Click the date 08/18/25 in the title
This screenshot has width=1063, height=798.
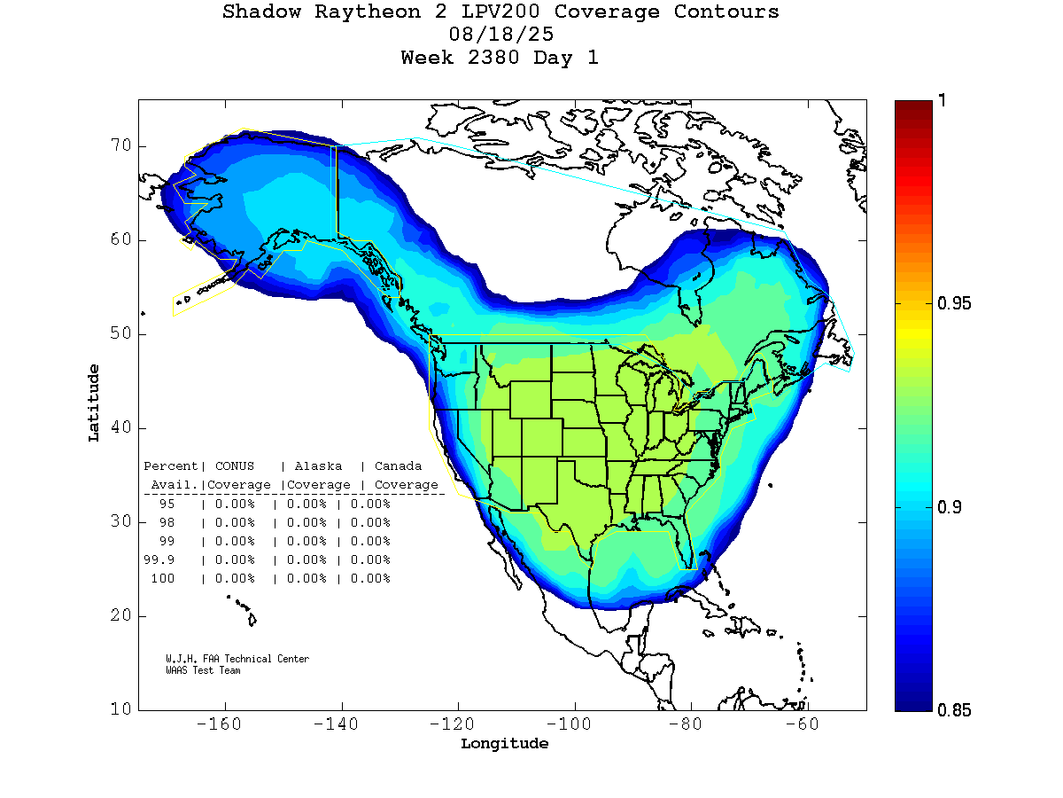point(501,35)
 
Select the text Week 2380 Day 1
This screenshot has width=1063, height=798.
point(500,59)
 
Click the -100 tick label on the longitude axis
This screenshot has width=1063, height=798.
point(574,724)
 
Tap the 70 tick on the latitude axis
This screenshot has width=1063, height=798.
point(121,145)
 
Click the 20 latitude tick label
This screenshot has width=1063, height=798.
point(121,615)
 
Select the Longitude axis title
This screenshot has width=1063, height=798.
point(504,744)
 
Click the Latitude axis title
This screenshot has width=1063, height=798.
point(94,403)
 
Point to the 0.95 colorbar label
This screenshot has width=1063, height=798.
point(955,304)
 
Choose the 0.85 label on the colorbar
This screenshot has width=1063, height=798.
point(955,710)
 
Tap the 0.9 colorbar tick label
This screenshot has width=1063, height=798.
point(950,507)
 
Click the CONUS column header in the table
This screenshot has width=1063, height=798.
point(234,466)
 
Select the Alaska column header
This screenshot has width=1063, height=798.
point(319,466)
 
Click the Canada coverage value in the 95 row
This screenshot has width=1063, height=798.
point(370,504)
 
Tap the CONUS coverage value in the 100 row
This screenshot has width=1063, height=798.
point(234,578)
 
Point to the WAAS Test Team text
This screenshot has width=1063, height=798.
point(203,670)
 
